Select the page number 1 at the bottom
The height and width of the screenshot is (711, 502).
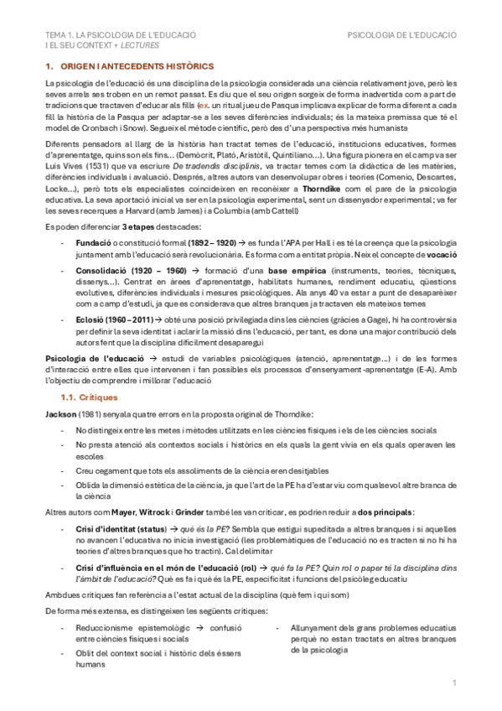[x=453, y=684]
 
